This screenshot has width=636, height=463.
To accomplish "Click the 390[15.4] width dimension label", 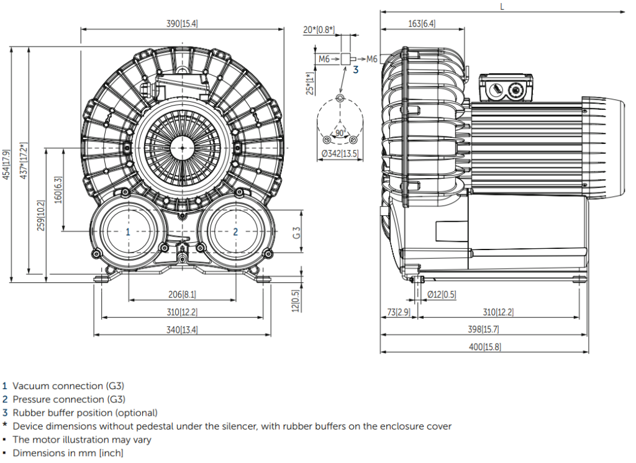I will click(x=183, y=24).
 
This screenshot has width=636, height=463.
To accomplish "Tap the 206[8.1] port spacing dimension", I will click(x=183, y=294).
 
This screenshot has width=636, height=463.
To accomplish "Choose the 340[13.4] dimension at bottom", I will click(x=183, y=330).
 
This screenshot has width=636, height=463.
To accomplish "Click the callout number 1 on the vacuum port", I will click(x=128, y=231).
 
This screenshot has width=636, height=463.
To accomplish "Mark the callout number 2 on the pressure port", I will click(x=235, y=231).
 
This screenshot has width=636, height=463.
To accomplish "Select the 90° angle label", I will click(x=339, y=133).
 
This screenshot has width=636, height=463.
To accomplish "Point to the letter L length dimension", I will click(x=502, y=6).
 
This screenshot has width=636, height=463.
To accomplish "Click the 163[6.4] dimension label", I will click(x=422, y=24).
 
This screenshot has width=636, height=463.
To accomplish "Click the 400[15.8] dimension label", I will click(x=484, y=347).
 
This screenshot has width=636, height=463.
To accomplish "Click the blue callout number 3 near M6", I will click(x=356, y=70).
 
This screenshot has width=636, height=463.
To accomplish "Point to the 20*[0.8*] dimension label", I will click(x=319, y=29).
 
